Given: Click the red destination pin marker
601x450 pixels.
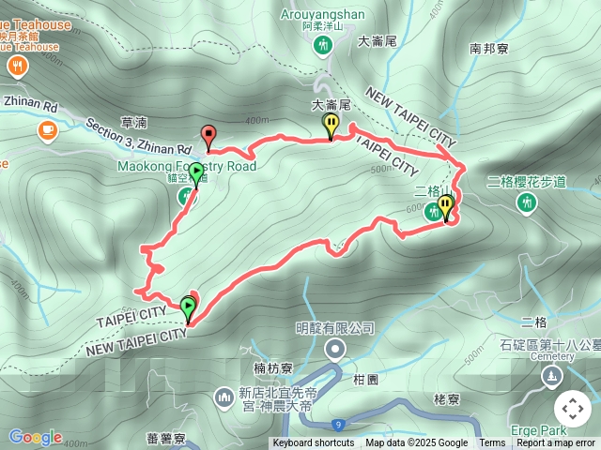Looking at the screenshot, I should click(x=208, y=135).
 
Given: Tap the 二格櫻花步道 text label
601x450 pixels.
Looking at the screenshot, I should click(x=527, y=182).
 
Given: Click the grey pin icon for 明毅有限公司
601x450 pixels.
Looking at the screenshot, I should click(x=335, y=350).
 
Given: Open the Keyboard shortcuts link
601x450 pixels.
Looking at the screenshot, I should click(x=314, y=443).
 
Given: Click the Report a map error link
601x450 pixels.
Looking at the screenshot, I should click(x=556, y=443).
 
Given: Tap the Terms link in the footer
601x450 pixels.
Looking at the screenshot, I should click(x=492, y=443).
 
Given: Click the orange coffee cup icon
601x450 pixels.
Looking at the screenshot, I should click(x=46, y=129).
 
